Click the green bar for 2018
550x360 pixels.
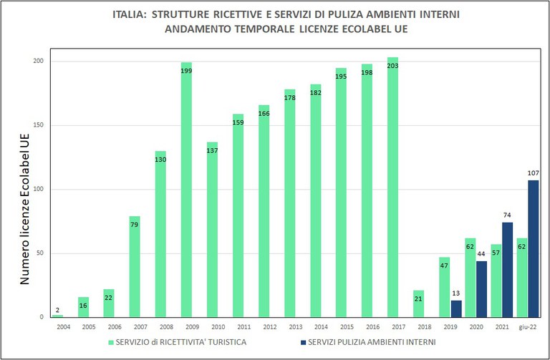click(x=418, y=303)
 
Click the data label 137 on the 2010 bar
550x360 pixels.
click(x=212, y=150)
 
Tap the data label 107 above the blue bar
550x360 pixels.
click(x=533, y=172)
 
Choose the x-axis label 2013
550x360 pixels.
click(x=289, y=326)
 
